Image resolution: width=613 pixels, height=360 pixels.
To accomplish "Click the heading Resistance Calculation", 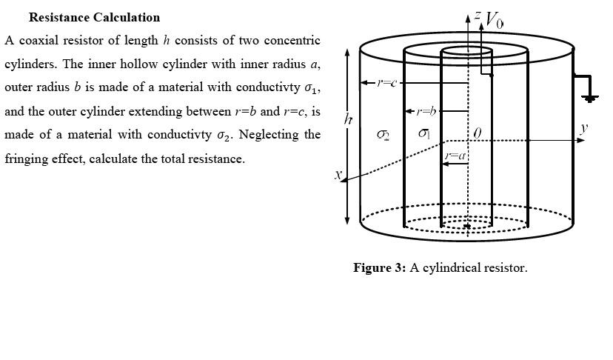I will (94, 17).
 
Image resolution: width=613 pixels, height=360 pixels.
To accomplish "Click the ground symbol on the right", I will (590, 96).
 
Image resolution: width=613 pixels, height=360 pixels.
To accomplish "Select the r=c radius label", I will (387, 82).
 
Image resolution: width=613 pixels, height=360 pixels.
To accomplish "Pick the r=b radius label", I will (426, 111).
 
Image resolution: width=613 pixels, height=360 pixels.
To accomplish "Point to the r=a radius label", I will (455, 156).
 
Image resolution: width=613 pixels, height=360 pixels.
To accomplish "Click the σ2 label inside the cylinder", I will (383, 135).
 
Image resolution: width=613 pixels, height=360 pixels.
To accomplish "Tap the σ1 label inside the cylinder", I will (424, 133).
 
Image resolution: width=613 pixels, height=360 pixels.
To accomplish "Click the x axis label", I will (338, 175).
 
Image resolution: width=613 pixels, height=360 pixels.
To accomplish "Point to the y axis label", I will (584, 127).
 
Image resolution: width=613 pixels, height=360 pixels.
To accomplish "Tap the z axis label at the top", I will (478, 14).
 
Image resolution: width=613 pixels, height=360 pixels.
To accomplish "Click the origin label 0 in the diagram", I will (477, 133).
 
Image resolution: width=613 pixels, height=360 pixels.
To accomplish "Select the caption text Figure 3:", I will (380, 267).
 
